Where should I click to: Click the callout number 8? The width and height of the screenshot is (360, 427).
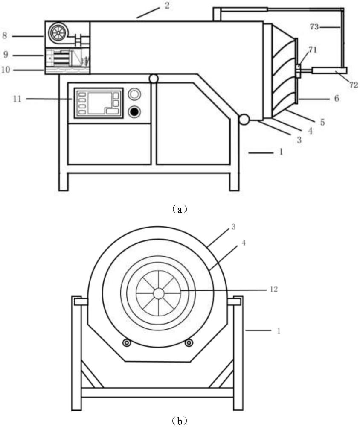pos(5,35)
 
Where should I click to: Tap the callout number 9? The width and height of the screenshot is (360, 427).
pos(6,55)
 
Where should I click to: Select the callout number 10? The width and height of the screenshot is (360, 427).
pos(6,70)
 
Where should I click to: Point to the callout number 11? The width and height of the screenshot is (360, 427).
pos(17,99)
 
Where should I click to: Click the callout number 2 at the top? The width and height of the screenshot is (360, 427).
pos(167,5)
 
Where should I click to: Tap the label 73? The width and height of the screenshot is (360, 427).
pos(314,26)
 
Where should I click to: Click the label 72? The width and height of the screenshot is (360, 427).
pos(354,85)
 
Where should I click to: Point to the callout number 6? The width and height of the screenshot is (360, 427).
pos(337,98)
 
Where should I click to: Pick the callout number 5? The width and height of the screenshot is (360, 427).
pos(322,122)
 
